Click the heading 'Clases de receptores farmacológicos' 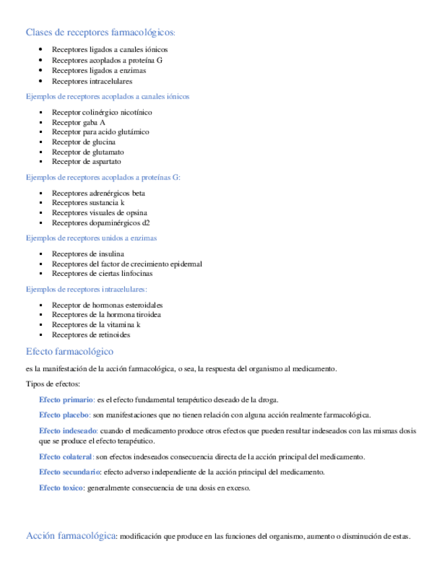coord(99,32)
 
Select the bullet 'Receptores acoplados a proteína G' coord(107,60)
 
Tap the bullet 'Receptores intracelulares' coord(92,81)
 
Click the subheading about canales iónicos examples coord(107,96)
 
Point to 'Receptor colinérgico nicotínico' coord(102,112)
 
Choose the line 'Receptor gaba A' coord(78,122)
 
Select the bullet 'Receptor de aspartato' coord(86,162)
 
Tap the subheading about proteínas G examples coord(103,177)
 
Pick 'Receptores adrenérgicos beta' coord(99,193)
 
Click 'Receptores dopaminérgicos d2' coord(101,223)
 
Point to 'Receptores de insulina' coord(88,254)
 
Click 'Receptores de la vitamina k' coord(96,324)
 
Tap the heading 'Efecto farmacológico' coord(69,351)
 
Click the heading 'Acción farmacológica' coord(71,536)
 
